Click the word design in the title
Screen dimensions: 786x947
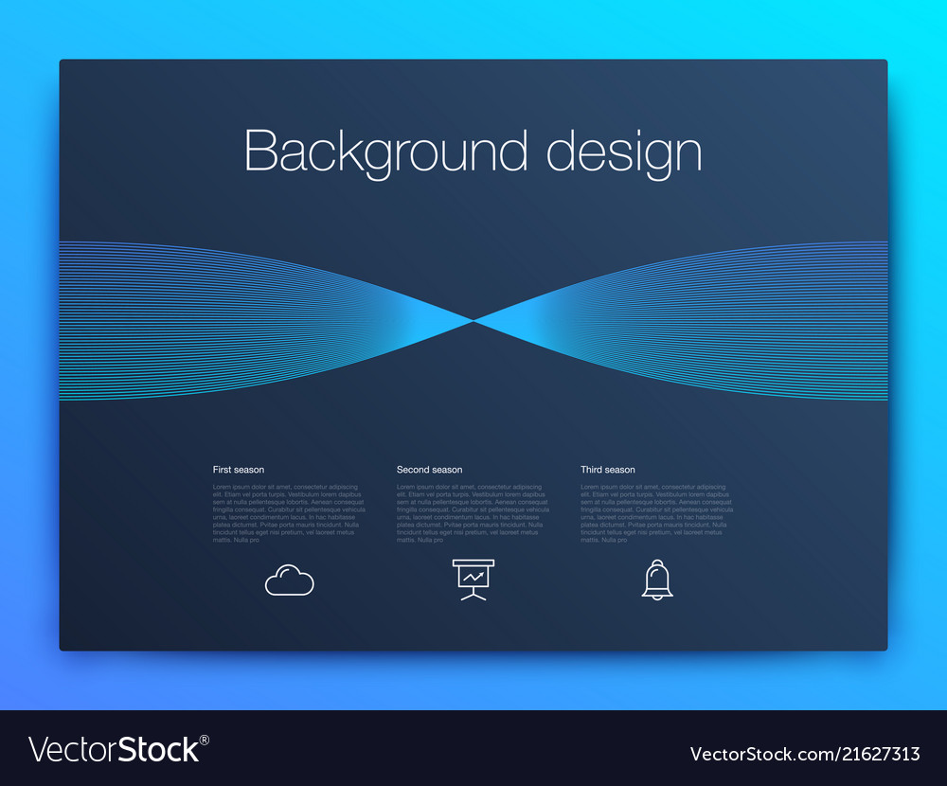click(x=624, y=152)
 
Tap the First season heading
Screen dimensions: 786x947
click(x=239, y=470)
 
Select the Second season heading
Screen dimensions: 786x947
click(x=429, y=470)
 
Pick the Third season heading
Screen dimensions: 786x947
click(x=608, y=470)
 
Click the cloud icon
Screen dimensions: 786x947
click(x=289, y=580)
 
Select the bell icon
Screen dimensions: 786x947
click(x=657, y=579)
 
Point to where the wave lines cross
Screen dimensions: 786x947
click(x=473, y=321)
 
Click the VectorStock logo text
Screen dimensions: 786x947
click(x=114, y=749)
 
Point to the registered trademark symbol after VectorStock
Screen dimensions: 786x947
click(x=205, y=740)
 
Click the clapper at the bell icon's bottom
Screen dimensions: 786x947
click(x=657, y=596)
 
